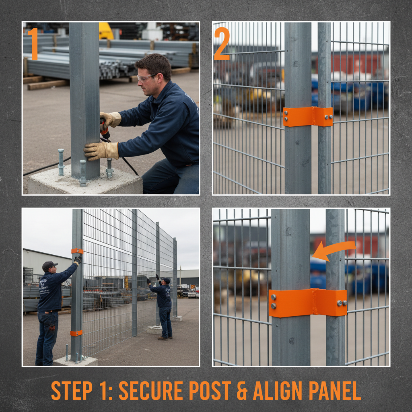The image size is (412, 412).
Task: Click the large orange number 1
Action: click(x=33, y=43)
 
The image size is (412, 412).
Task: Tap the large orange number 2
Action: click(x=222, y=43)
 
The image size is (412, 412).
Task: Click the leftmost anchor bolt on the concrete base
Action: click(x=61, y=162)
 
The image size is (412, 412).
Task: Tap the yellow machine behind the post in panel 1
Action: click(x=106, y=31)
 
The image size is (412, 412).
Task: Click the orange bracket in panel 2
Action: click(x=308, y=117)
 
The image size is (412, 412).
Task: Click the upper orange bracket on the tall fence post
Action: click(x=77, y=251)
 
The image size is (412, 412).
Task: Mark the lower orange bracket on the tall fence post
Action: click(x=76, y=333)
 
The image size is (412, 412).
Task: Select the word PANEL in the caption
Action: click(x=334, y=390)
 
